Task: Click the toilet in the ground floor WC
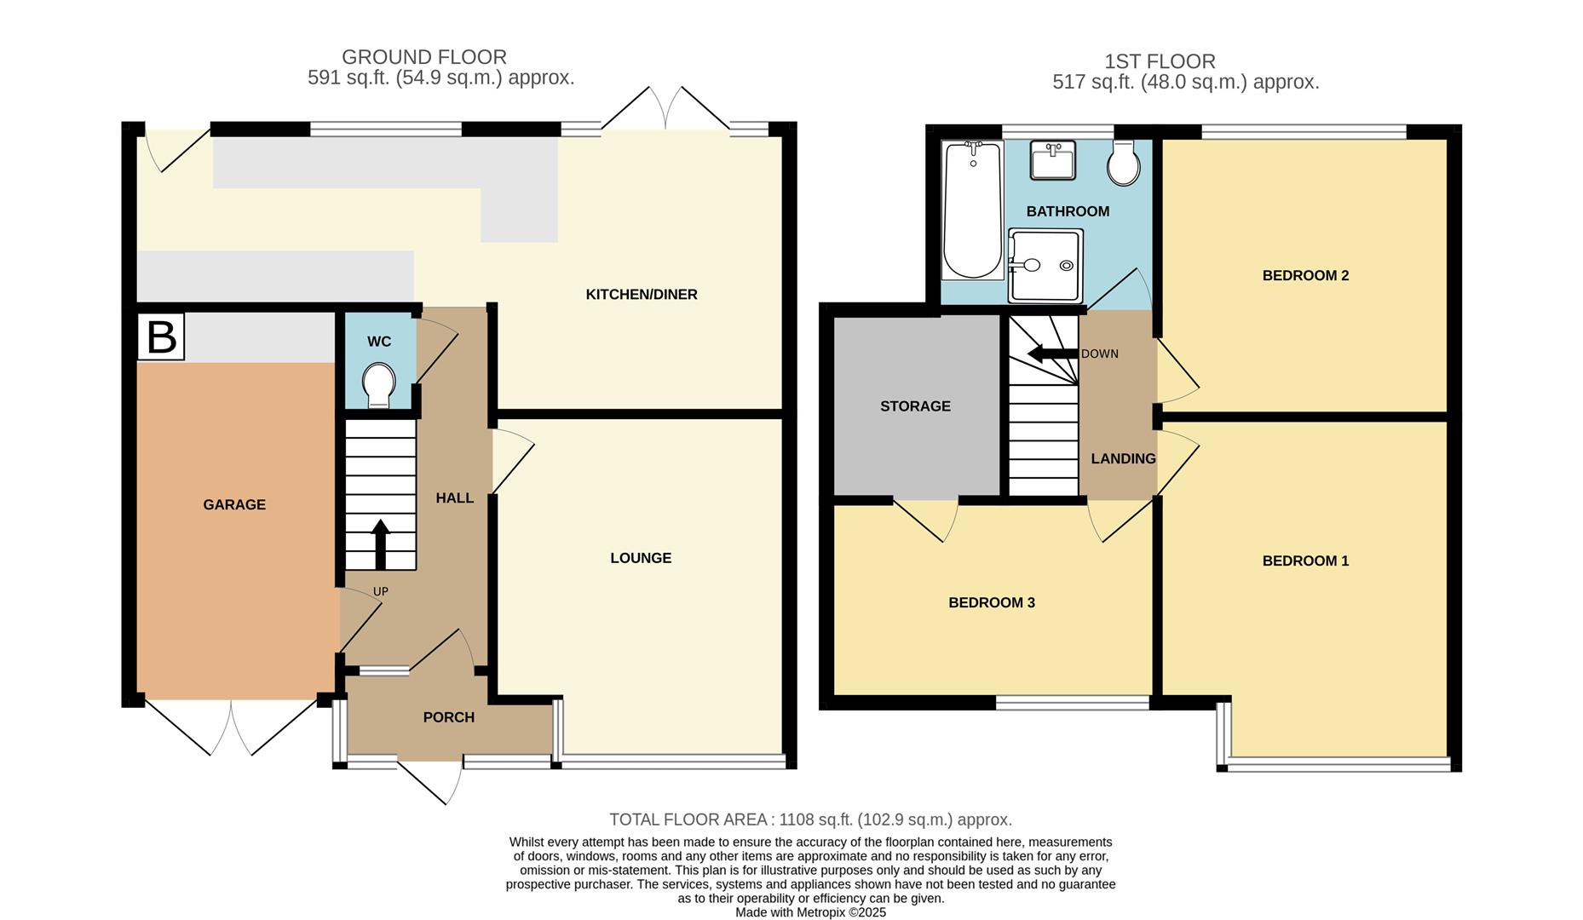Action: (x=379, y=385)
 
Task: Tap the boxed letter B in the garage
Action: (x=161, y=336)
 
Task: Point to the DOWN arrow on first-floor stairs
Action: (x=1052, y=354)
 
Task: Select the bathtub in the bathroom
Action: (x=973, y=210)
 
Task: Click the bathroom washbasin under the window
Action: (x=1052, y=160)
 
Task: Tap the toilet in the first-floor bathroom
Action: (x=1124, y=163)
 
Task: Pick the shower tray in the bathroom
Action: (x=1045, y=266)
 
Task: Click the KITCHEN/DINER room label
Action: (x=642, y=295)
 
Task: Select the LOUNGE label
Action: (x=641, y=558)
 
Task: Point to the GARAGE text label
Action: (x=234, y=505)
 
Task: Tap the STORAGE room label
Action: (x=915, y=406)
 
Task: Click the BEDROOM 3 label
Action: (x=992, y=603)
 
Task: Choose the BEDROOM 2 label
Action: (x=1305, y=276)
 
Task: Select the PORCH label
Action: (x=449, y=717)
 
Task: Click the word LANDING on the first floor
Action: (x=1123, y=459)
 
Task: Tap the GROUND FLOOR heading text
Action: (x=424, y=57)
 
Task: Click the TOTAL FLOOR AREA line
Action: (x=810, y=819)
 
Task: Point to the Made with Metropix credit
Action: (x=811, y=912)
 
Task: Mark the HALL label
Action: (x=454, y=498)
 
